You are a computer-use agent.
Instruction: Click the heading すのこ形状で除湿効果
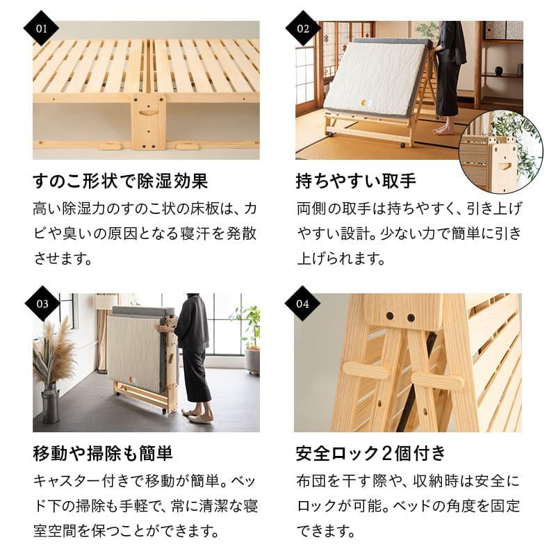click(x=120, y=181)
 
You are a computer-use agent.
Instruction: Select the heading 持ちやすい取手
click(x=356, y=181)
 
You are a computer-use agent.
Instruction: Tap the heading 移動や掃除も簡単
click(x=103, y=454)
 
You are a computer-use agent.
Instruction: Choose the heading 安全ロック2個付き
click(x=370, y=454)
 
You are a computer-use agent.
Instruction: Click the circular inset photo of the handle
click(x=500, y=153)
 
